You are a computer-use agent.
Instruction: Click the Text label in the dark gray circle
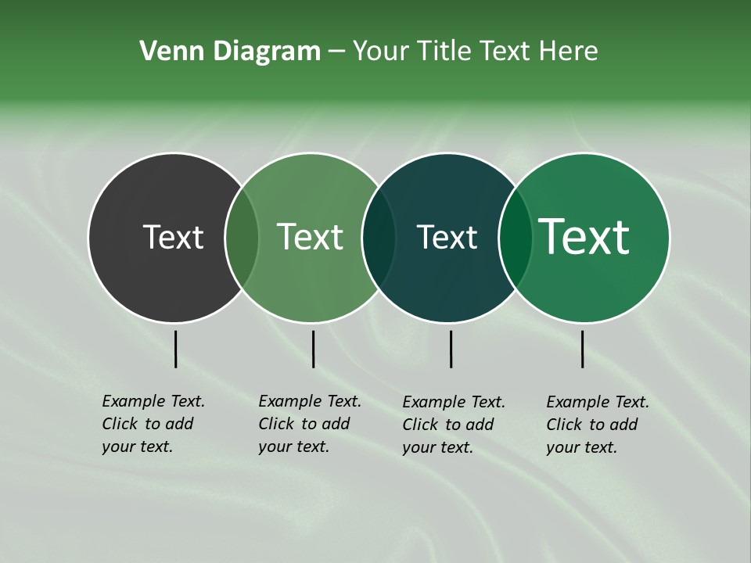click(x=173, y=237)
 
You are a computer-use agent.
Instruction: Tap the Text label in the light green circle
click(x=310, y=237)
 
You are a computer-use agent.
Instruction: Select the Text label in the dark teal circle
click(x=447, y=237)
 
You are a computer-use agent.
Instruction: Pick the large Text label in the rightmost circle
click(x=584, y=237)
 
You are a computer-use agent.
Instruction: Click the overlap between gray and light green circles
click(x=242, y=237)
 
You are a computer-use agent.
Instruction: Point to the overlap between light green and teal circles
click(x=379, y=237)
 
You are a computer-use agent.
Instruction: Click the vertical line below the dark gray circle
click(x=175, y=349)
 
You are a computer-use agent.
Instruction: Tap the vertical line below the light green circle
click(x=313, y=349)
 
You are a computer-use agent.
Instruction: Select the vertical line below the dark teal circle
click(x=451, y=349)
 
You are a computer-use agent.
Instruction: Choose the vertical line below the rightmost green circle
click(x=582, y=349)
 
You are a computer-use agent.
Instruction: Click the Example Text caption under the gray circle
click(x=153, y=424)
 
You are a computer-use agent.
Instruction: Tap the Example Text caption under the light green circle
click(x=309, y=424)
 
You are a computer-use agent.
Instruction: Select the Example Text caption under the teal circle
click(x=453, y=425)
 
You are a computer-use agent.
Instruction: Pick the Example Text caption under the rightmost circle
click(x=597, y=425)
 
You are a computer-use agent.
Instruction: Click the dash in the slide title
click(x=336, y=52)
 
